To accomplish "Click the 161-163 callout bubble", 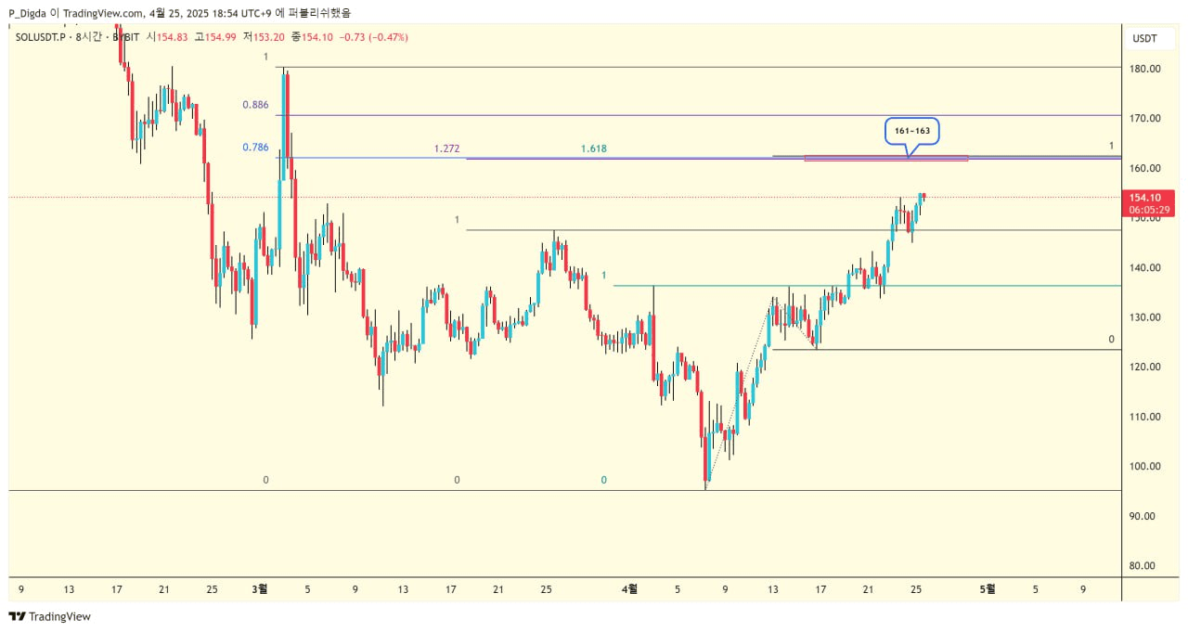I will click(912, 132).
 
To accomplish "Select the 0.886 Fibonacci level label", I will click(255, 105).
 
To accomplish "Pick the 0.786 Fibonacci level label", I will click(255, 147).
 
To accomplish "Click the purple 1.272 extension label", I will click(446, 148).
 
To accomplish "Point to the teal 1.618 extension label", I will click(593, 148).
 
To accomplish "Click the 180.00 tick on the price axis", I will click(1145, 69).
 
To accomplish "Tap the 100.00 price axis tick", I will click(1145, 466).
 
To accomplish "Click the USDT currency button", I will click(1144, 38).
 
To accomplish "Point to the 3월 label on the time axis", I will click(260, 588).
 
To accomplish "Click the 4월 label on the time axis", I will click(629, 588).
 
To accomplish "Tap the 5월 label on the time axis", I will click(988, 588).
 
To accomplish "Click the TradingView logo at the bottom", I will click(50, 616).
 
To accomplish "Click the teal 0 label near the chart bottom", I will click(603, 480).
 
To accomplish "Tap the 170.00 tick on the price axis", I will click(1145, 118).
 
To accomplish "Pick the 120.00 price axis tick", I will click(1145, 367).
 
